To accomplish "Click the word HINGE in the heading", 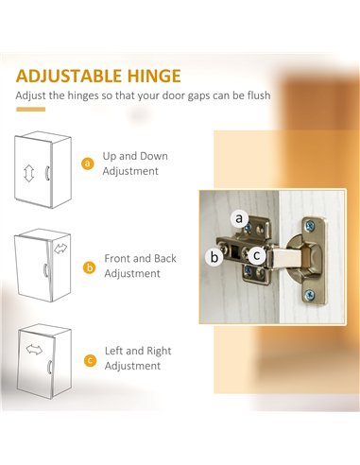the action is click(154, 76).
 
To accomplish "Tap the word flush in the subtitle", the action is click(259, 95).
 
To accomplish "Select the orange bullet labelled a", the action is click(88, 164).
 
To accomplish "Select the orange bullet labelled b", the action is click(90, 267).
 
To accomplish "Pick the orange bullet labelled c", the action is click(91, 360).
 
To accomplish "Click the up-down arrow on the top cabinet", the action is click(28, 174).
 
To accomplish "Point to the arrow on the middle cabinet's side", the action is click(60, 249).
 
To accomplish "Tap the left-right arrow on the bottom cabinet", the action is click(34, 349).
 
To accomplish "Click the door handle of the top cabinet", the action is click(47, 173).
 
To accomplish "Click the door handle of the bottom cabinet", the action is click(49, 367).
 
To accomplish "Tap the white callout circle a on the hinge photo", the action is click(239, 218).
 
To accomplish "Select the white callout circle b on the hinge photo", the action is click(214, 257).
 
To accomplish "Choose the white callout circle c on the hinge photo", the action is click(257, 255).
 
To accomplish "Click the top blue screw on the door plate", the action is click(310, 225).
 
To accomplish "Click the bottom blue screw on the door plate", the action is click(310, 295).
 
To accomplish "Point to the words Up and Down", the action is click(135, 156).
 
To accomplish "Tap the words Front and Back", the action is click(140, 259).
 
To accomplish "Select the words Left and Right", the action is click(138, 351).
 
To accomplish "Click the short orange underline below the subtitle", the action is click(31, 110).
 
